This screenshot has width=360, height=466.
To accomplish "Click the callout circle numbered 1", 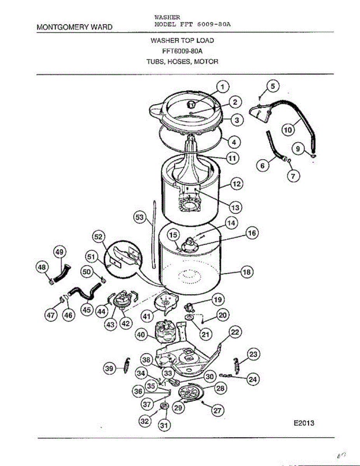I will [223, 87].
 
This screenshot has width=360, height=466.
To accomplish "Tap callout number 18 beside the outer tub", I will [247, 272].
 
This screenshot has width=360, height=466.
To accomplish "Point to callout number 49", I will [59, 252].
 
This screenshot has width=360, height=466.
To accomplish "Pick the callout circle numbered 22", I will [235, 332].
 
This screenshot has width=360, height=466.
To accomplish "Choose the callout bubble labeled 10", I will [288, 130].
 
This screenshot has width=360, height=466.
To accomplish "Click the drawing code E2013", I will [304, 423].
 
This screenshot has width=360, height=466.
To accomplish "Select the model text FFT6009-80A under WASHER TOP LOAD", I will [182, 51].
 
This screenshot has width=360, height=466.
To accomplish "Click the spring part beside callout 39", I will [126, 365].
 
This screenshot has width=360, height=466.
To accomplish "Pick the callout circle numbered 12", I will [237, 184].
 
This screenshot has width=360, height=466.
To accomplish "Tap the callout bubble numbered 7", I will [293, 176].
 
